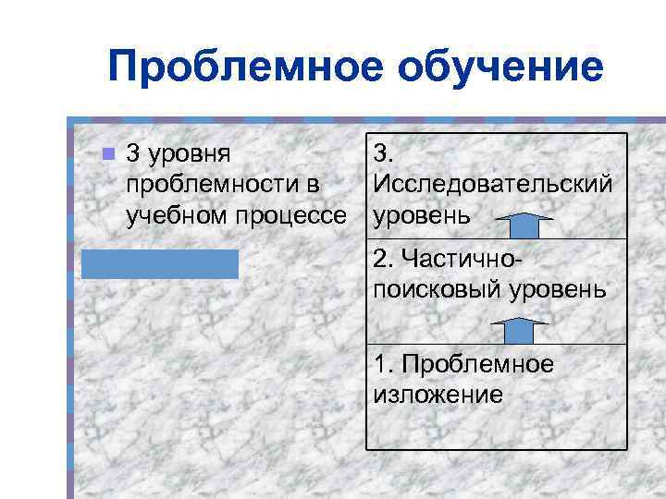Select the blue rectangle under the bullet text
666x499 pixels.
(x=159, y=263)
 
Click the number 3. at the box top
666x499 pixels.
(x=382, y=153)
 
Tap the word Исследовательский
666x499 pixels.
(x=492, y=185)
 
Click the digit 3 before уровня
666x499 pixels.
(x=132, y=153)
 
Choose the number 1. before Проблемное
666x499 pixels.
(x=382, y=364)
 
